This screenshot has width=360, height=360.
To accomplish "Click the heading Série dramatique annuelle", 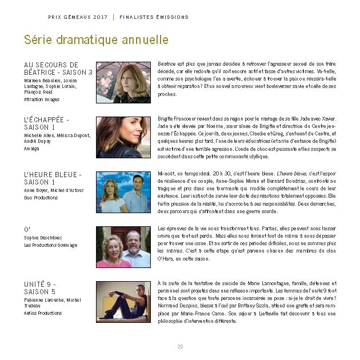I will pyautogui.click(x=96, y=40).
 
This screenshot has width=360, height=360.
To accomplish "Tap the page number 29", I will pyautogui.click(x=180, y=346).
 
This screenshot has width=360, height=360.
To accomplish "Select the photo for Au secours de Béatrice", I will pyautogui.click(x=123, y=82).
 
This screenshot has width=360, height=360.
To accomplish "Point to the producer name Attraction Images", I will pyautogui.click(x=42, y=99).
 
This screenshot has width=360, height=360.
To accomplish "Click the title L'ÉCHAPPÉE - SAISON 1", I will pyautogui.click(x=46, y=123).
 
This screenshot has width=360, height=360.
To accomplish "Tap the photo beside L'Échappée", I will pyautogui.click(x=123, y=137).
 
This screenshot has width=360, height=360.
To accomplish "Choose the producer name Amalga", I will pyautogui.click(x=31, y=149).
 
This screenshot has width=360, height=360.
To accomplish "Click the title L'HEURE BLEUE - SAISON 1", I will pyautogui.click(x=53, y=178).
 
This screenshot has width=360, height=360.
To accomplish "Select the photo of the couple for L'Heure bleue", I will pyautogui.click(x=123, y=192).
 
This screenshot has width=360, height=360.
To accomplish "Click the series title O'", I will pyautogui.click(x=27, y=230).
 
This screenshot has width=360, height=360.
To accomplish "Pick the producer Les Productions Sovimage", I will pyautogui.click(x=50, y=246).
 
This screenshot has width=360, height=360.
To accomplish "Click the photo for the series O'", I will pyautogui.click(x=123, y=247).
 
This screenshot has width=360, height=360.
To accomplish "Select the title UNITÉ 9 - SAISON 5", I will pyautogui.click(x=40, y=288).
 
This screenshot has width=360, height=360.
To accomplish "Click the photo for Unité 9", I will pyautogui.click(x=123, y=302).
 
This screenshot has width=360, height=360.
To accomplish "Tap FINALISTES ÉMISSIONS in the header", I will pyautogui.click(x=154, y=17).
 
